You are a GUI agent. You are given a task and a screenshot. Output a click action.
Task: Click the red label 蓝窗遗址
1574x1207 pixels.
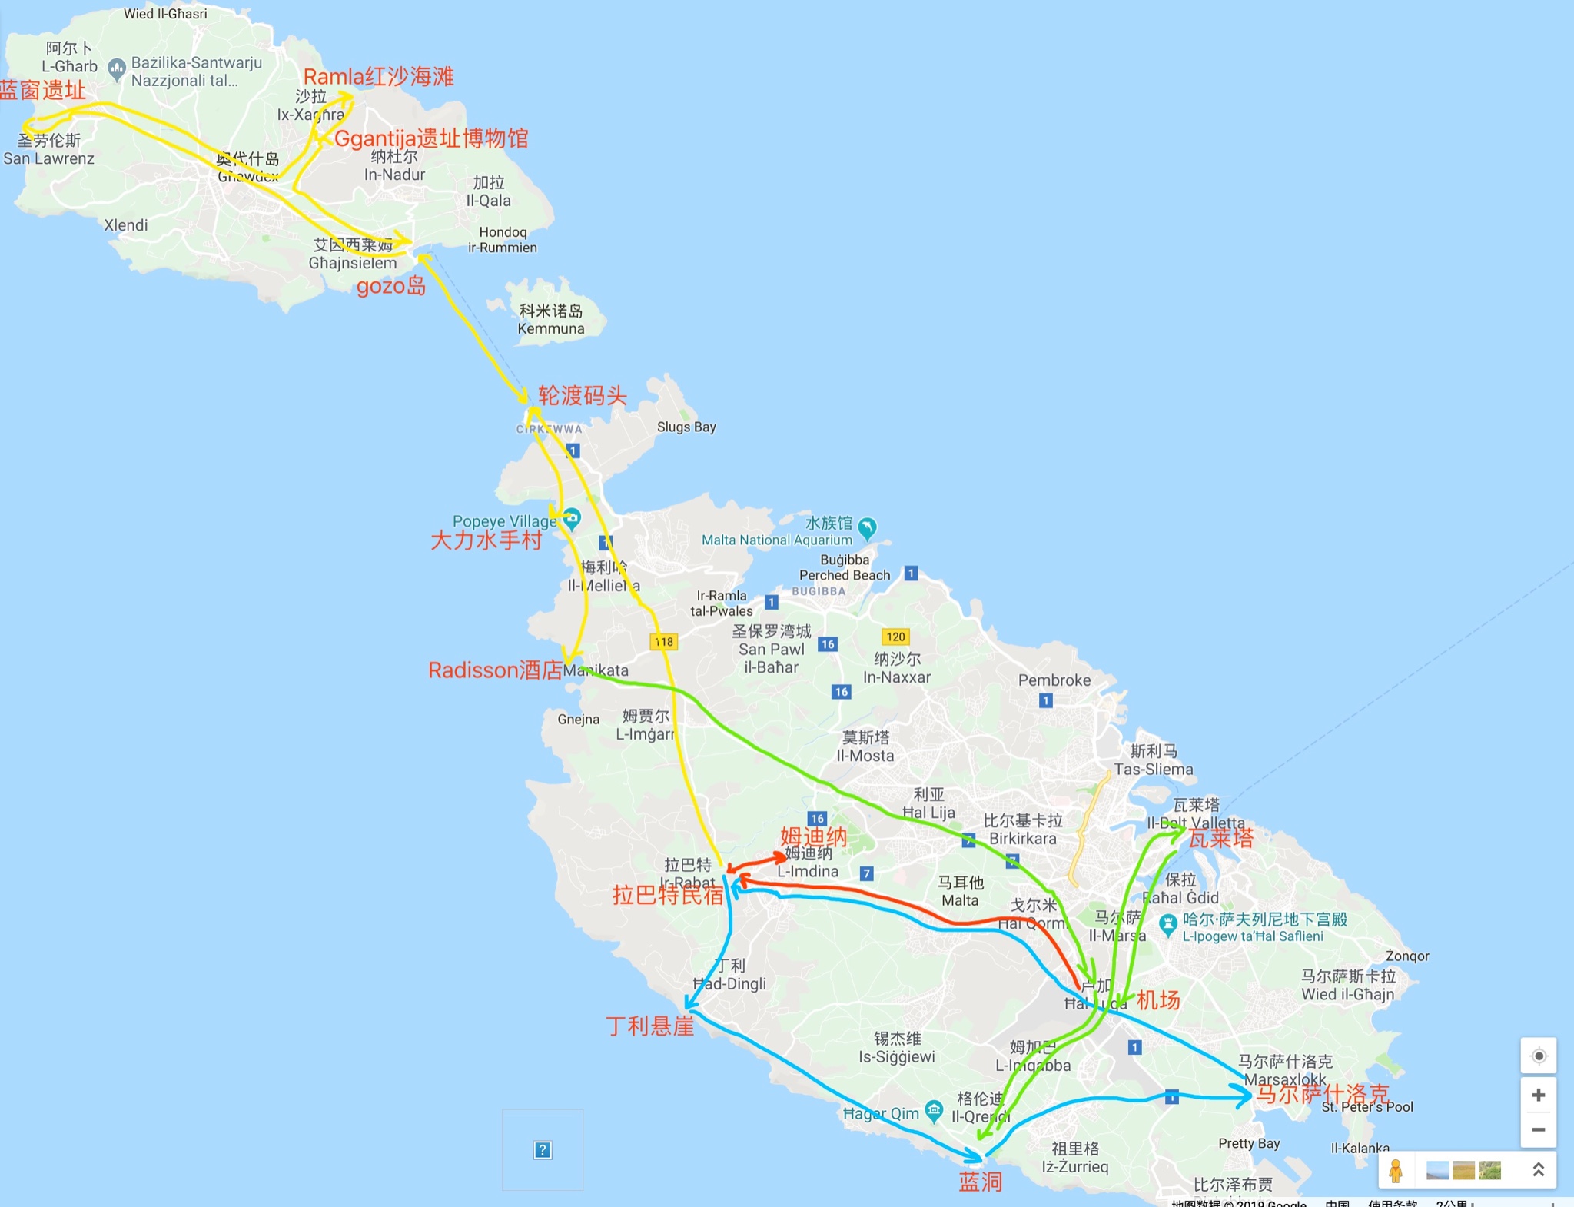pyautogui.click(x=42, y=91)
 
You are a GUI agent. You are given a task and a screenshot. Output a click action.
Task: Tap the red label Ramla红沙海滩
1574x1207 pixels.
pyautogui.click(x=378, y=77)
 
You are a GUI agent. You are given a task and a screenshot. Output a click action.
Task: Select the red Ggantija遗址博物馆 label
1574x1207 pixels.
pyautogui.click(x=431, y=138)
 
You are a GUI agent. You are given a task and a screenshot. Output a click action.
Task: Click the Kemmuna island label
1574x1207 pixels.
pyautogui.click(x=550, y=320)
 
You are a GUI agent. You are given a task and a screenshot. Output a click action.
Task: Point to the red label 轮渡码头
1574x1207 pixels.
pyautogui.click(x=582, y=396)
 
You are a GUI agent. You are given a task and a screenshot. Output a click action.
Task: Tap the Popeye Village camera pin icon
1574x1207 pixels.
pyautogui.click(x=571, y=518)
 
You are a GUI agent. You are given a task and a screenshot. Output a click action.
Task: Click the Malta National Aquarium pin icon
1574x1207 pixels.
pyautogui.click(x=867, y=527)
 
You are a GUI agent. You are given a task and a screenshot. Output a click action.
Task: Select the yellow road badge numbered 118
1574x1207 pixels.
pyautogui.click(x=664, y=641)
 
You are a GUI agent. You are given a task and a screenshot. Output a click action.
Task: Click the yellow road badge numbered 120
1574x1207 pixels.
pyautogui.click(x=895, y=637)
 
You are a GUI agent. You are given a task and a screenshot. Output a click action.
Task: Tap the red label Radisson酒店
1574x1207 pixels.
pyautogui.click(x=495, y=670)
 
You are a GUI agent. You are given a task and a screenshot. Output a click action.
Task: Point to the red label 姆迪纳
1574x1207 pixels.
pyautogui.click(x=813, y=836)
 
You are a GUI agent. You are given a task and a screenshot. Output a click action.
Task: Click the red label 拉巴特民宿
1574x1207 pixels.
pyautogui.click(x=667, y=895)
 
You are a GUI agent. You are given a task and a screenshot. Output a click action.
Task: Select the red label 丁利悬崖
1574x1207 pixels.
pyautogui.click(x=649, y=1026)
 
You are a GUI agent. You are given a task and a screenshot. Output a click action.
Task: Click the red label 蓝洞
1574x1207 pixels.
pyautogui.click(x=980, y=1182)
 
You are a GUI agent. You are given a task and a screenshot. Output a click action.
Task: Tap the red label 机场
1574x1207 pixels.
pyautogui.click(x=1158, y=1000)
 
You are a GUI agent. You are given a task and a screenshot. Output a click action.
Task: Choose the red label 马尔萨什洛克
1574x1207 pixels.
pyautogui.click(x=1322, y=1094)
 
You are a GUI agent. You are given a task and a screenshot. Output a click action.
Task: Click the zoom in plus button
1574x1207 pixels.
pyautogui.click(x=1538, y=1095)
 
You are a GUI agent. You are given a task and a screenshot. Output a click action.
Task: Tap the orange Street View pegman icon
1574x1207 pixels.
pyautogui.click(x=1396, y=1170)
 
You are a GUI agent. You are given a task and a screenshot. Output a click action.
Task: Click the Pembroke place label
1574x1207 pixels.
pyautogui.click(x=1054, y=680)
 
